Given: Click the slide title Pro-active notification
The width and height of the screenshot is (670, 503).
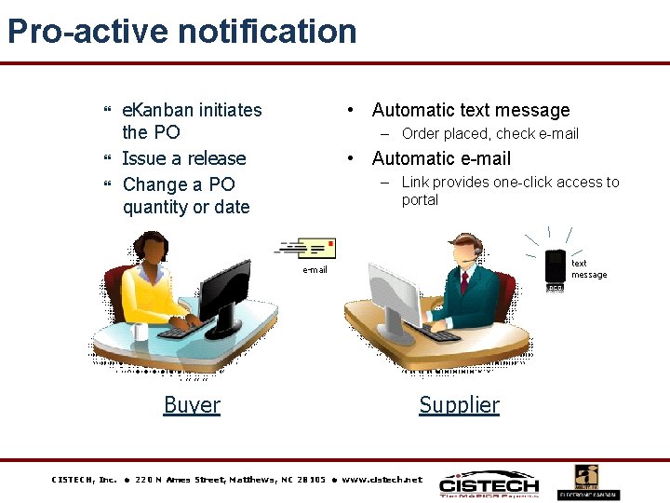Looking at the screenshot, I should coord(182,32).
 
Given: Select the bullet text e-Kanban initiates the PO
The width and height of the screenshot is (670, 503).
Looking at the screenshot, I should coord(192,121).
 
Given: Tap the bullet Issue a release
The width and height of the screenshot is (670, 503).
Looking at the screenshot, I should coord(184,158).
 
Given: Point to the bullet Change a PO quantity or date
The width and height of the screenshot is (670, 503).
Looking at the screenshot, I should coord(186,196).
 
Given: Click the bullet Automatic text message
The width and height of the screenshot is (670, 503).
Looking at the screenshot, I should coord(471,110).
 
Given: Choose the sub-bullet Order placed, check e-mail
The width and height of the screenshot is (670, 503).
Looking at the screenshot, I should coord(489,134).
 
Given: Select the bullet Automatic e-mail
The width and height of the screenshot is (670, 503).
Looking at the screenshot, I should coord(441,158).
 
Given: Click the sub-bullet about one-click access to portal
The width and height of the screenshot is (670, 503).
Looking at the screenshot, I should coord(510,191).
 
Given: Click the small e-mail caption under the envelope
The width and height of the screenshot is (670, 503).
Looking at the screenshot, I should coord(315,270).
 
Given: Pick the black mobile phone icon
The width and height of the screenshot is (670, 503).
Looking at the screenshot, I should coord(556,267).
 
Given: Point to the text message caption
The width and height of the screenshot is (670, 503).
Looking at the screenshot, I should coord(588,269).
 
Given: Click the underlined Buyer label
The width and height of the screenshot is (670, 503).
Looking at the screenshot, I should coord(192,405).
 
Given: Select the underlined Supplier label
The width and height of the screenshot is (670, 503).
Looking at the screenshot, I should coord(459,405).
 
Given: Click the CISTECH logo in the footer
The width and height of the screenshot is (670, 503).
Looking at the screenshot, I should coord(489,484).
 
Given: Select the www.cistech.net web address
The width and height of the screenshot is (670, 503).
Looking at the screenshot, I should coord(382,480).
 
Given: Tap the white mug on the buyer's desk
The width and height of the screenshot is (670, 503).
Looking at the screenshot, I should coord(140,332).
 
